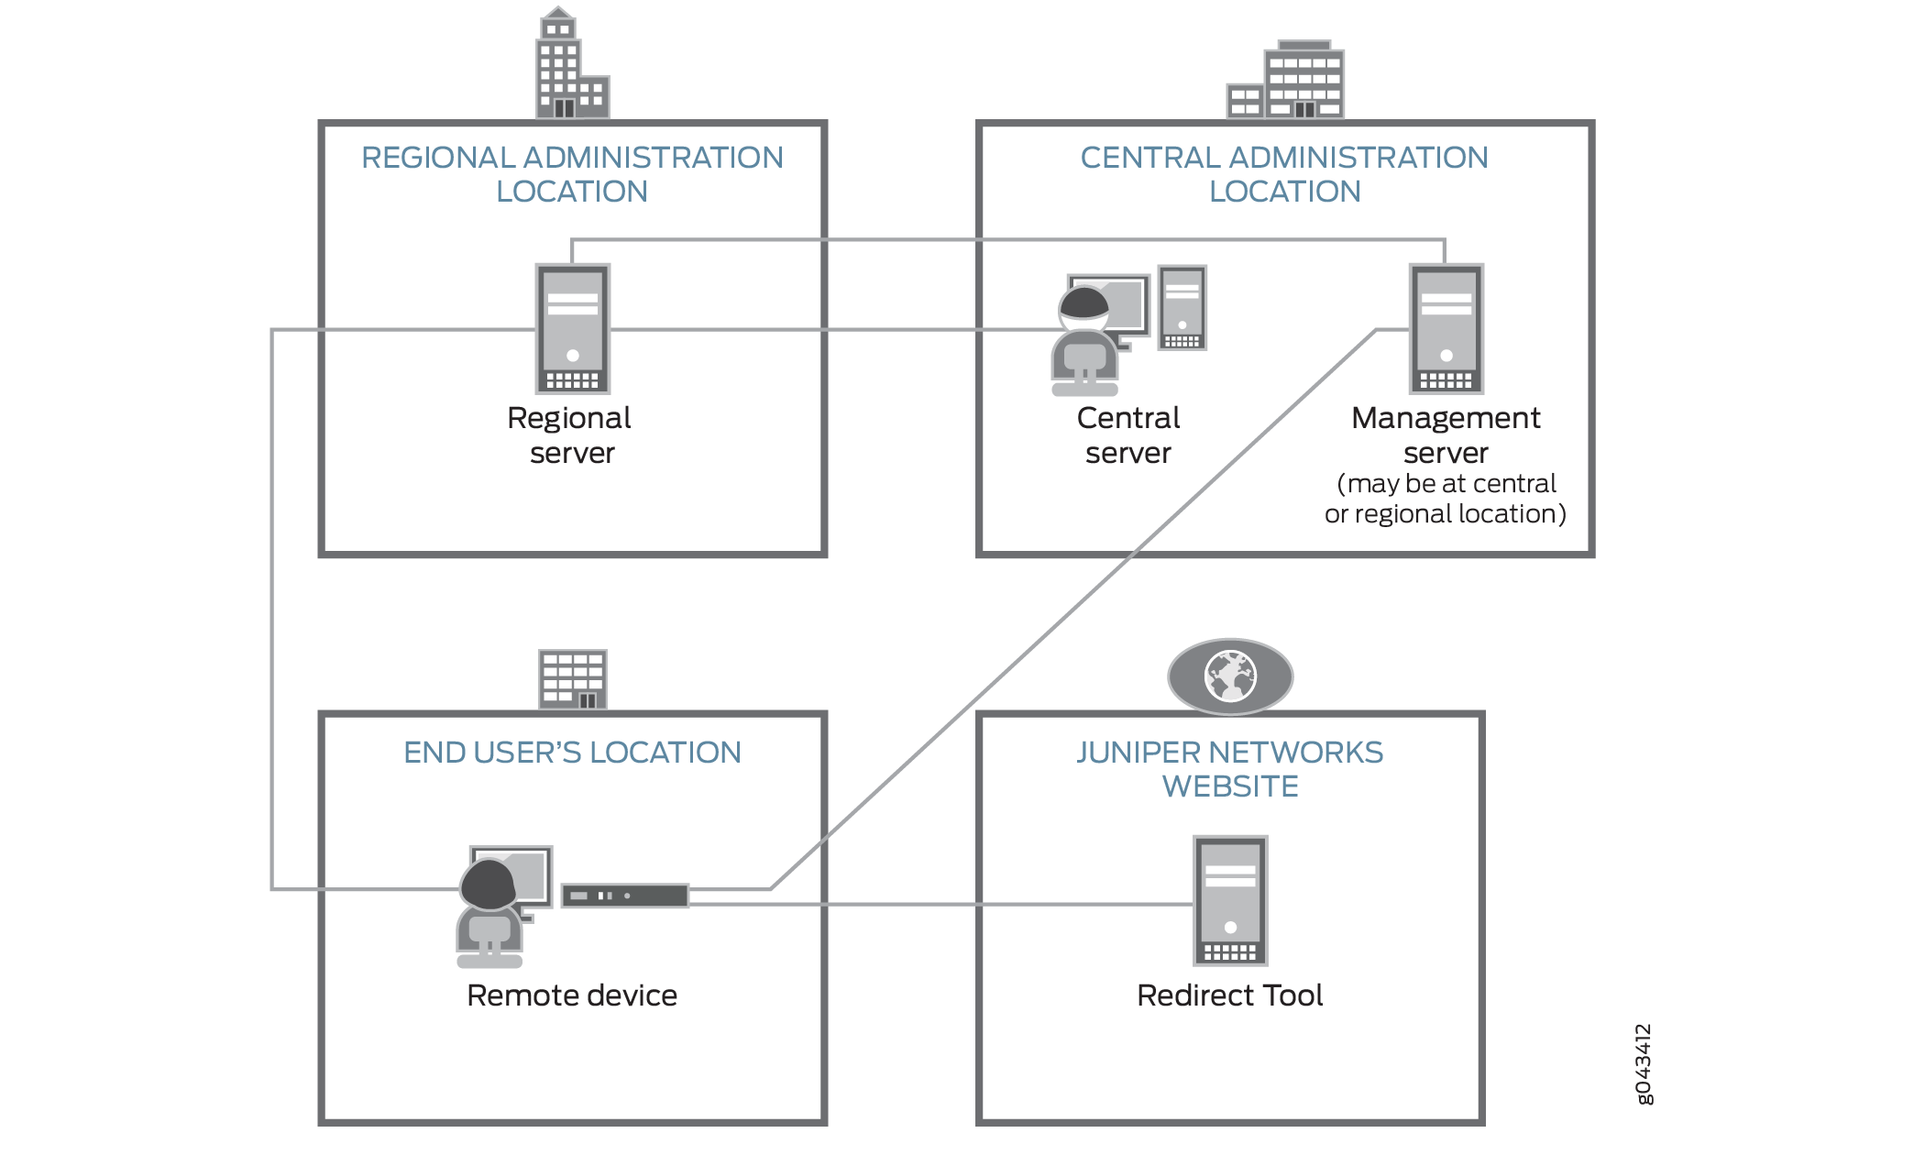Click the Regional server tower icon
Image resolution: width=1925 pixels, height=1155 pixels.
(573, 328)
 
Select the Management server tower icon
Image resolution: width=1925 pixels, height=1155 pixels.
(1446, 328)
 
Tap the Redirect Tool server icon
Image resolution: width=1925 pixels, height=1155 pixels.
(1230, 900)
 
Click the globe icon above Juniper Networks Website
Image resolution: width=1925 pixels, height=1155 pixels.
(1230, 676)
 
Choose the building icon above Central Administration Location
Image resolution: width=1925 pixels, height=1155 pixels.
(1287, 81)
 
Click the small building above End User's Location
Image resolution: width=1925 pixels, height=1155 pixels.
(573, 679)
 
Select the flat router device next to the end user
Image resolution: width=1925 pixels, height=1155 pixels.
(625, 896)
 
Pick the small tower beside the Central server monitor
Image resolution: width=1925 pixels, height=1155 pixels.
(1182, 308)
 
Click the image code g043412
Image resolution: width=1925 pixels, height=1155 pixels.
(1644, 1063)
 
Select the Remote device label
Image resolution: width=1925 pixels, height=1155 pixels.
(572, 995)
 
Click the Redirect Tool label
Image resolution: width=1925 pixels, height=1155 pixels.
(1230, 995)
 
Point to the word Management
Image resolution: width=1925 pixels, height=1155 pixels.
(1446, 418)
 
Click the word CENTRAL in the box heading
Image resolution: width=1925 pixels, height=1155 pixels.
(1150, 158)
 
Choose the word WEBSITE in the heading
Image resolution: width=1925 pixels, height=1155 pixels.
(1230, 786)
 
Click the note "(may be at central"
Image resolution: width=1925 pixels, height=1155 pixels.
(1446, 483)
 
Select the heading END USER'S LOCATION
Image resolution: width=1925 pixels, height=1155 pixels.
(572, 753)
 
